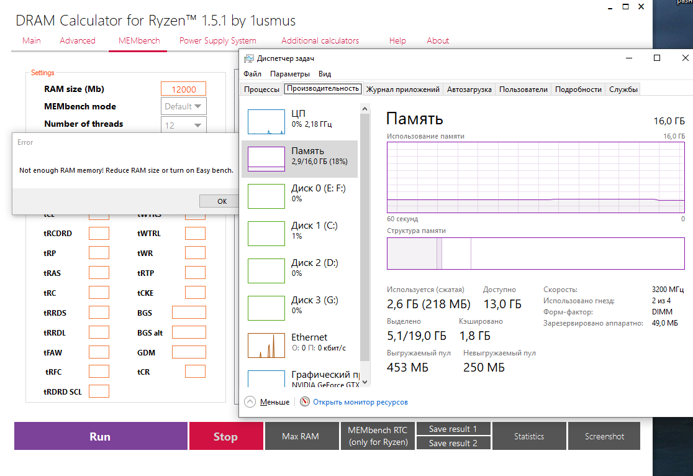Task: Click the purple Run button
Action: pos(100,436)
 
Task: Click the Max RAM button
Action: pos(301,436)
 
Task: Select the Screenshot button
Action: pos(604,436)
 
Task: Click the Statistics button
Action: pos(529,436)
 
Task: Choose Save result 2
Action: pos(453,443)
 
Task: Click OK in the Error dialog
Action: pos(222,201)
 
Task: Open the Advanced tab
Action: pos(78,40)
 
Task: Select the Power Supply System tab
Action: pos(217,40)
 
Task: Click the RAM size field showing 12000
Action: pos(183,89)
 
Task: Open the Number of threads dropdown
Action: pos(183,125)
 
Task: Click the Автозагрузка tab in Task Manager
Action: pos(469,89)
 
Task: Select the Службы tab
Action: pos(623,89)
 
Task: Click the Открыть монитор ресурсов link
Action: pos(360,402)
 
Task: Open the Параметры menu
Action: pos(290,74)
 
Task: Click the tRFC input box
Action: pos(99,372)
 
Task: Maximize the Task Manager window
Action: pos(657,58)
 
